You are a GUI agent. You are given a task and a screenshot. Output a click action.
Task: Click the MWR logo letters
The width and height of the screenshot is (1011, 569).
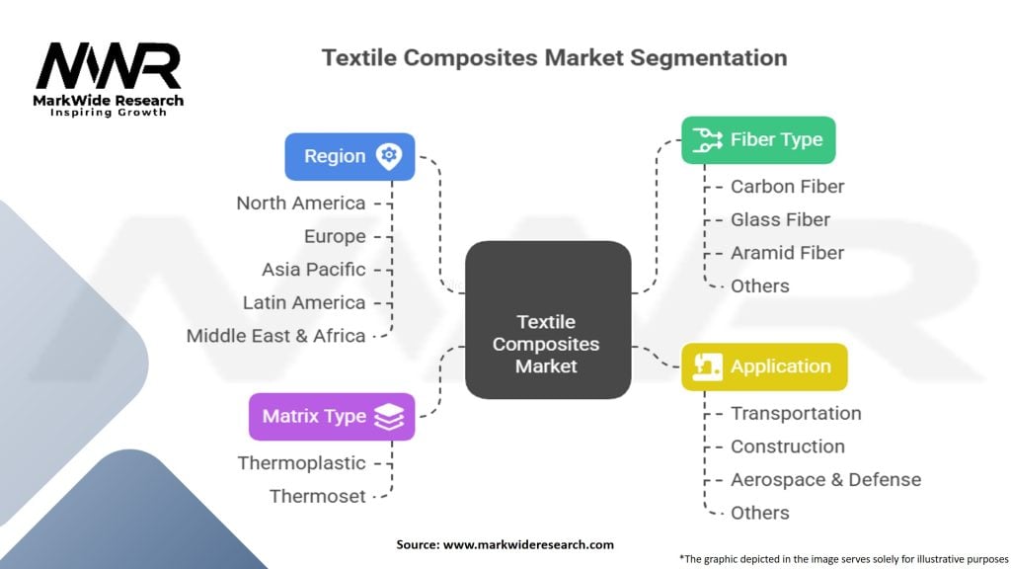point(109,66)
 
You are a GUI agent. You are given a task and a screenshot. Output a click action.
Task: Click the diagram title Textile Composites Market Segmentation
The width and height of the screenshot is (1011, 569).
point(555,57)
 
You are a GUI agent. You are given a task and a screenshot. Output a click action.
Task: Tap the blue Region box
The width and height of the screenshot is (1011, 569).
point(350,157)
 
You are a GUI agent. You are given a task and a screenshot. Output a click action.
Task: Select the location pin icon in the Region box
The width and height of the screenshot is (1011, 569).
point(389,156)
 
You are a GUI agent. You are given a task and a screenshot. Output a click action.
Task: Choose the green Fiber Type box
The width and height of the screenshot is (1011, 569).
point(758,140)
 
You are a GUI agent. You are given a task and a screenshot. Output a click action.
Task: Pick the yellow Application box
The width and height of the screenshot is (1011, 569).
point(764,367)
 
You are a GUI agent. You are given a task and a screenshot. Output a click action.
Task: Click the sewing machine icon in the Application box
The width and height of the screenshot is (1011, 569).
point(707,366)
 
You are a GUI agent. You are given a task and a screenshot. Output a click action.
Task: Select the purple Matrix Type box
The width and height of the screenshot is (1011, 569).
point(332,417)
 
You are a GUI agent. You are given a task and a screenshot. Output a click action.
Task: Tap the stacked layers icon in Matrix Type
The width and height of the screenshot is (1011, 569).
point(389,417)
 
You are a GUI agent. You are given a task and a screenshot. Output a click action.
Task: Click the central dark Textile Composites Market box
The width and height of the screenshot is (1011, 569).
point(548,320)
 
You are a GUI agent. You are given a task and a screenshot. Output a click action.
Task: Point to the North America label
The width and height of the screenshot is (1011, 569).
point(301,203)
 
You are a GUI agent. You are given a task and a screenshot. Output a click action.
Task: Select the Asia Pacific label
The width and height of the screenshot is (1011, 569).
point(313,270)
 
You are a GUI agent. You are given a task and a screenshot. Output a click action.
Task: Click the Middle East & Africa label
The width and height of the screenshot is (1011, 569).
point(276,336)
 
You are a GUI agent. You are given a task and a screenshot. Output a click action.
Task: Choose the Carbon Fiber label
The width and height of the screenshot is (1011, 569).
point(787,187)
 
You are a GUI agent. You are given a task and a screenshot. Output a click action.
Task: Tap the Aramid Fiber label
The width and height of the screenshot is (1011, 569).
point(787,253)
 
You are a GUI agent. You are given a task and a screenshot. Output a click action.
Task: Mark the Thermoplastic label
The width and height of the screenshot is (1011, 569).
point(302,463)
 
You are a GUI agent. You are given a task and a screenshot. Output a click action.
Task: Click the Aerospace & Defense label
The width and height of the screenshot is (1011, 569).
point(826,480)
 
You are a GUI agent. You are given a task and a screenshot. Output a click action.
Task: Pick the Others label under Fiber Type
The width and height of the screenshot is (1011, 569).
point(759,285)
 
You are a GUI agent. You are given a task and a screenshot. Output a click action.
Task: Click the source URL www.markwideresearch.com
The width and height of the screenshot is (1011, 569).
point(529,544)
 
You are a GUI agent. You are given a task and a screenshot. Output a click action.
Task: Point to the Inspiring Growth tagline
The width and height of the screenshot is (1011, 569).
point(109,113)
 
